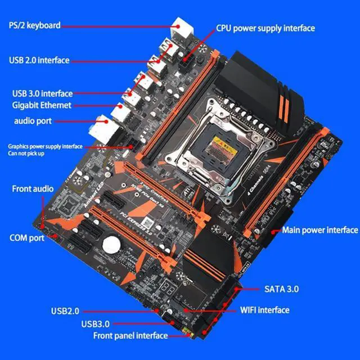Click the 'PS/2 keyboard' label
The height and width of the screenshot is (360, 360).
pos(34,25)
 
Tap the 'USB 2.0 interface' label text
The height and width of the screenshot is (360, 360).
pos(39,60)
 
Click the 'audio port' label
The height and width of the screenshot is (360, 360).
pos(33,121)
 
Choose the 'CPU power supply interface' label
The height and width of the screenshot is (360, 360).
pos(265,28)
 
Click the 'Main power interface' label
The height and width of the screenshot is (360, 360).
pos(320,229)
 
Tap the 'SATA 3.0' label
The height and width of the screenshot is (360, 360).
pos(281,289)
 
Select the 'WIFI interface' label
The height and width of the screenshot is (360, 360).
pos(264,310)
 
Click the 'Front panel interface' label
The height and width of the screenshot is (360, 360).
pos(130,335)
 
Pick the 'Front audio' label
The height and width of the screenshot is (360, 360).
pos(33,188)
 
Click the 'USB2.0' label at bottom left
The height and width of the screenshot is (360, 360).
pos(65,310)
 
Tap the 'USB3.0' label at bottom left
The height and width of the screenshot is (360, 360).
pos(95,323)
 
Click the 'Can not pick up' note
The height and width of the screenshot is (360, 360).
pos(27,153)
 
